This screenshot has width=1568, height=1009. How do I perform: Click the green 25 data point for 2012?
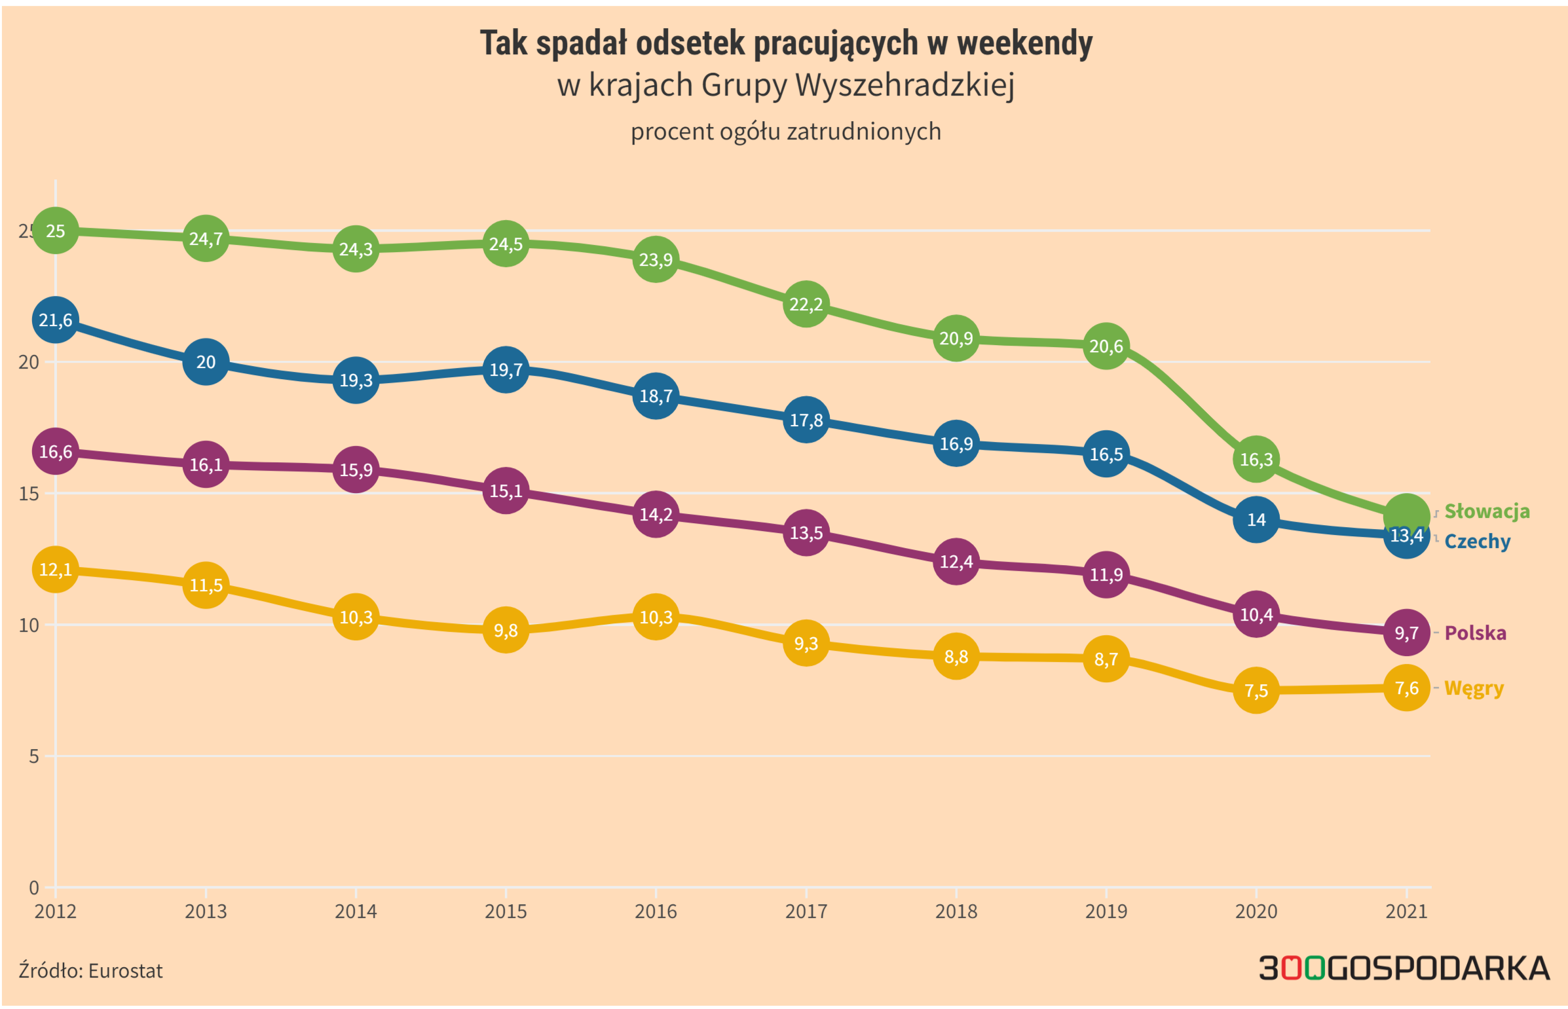[56, 230]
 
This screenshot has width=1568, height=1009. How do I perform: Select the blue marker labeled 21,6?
[56, 320]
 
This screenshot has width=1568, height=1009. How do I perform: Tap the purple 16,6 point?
[56, 451]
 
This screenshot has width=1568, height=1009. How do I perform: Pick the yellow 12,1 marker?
[56, 570]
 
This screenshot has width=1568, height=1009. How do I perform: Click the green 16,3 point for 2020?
[1256, 459]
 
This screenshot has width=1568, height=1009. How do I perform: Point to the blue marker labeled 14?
[1256, 520]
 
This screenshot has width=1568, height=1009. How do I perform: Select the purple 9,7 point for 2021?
[1406, 633]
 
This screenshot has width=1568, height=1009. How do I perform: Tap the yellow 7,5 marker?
[1256, 691]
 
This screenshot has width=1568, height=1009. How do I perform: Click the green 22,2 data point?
[806, 304]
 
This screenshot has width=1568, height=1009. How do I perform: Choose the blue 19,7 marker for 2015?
[505, 369]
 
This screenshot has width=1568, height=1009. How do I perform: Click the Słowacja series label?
[1486, 511]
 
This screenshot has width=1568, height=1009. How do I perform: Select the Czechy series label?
[1477, 541]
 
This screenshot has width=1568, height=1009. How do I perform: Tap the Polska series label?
[1475, 633]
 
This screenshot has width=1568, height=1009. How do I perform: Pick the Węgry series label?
[1474, 688]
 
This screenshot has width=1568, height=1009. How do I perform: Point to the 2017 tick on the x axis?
[806, 911]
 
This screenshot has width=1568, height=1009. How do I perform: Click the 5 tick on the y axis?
[33, 756]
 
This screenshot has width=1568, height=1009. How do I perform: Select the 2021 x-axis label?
[1406, 911]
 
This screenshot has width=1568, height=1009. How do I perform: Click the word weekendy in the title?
[1024, 43]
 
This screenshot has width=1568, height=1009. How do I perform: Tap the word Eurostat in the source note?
[125, 970]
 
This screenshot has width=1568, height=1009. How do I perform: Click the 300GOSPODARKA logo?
[1404, 968]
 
